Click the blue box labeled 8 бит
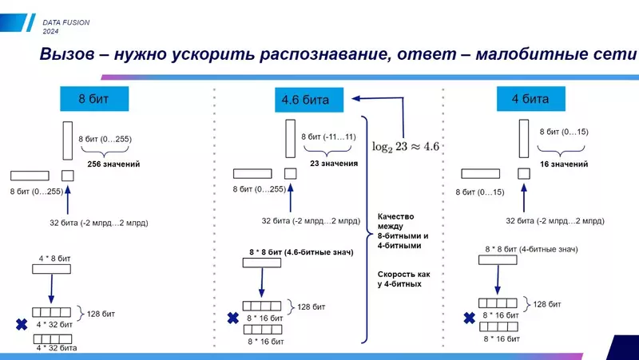point(93,100)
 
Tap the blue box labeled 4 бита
point(530,100)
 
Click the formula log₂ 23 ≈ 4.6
point(407,146)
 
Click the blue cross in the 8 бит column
point(21,325)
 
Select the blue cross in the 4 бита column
point(469,318)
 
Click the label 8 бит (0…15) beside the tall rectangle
point(563,131)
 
